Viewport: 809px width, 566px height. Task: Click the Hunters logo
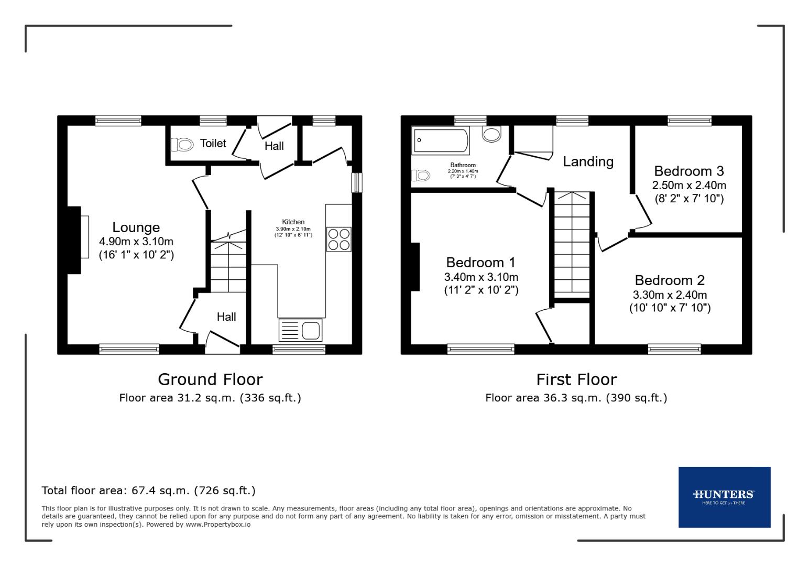(724, 496)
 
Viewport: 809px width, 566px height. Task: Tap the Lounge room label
(136, 227)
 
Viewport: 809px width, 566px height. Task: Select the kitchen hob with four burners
(338, 240)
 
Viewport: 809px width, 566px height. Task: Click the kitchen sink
(301, 330)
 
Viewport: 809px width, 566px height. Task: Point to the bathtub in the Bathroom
(440, 140)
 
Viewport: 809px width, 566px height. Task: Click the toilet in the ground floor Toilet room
(182, 144)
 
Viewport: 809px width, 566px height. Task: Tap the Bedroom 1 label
(480, 262)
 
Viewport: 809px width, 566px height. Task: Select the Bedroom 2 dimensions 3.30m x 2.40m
(670, 295)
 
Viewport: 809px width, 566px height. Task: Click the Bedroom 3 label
(688, 171)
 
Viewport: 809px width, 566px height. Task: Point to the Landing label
(588, 161)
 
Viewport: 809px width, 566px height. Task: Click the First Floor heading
(576, 379)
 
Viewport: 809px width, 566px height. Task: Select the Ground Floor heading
(210, 379)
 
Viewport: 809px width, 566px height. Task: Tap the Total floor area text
(148, 491)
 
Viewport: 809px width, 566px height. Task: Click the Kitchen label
(293, 222)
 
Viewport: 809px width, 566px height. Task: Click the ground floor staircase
(228, 265)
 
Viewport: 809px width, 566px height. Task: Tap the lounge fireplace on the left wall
(74, 240)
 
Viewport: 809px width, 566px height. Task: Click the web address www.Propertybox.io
(217, 524)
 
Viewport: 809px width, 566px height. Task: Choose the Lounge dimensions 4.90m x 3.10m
(136, 242)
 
